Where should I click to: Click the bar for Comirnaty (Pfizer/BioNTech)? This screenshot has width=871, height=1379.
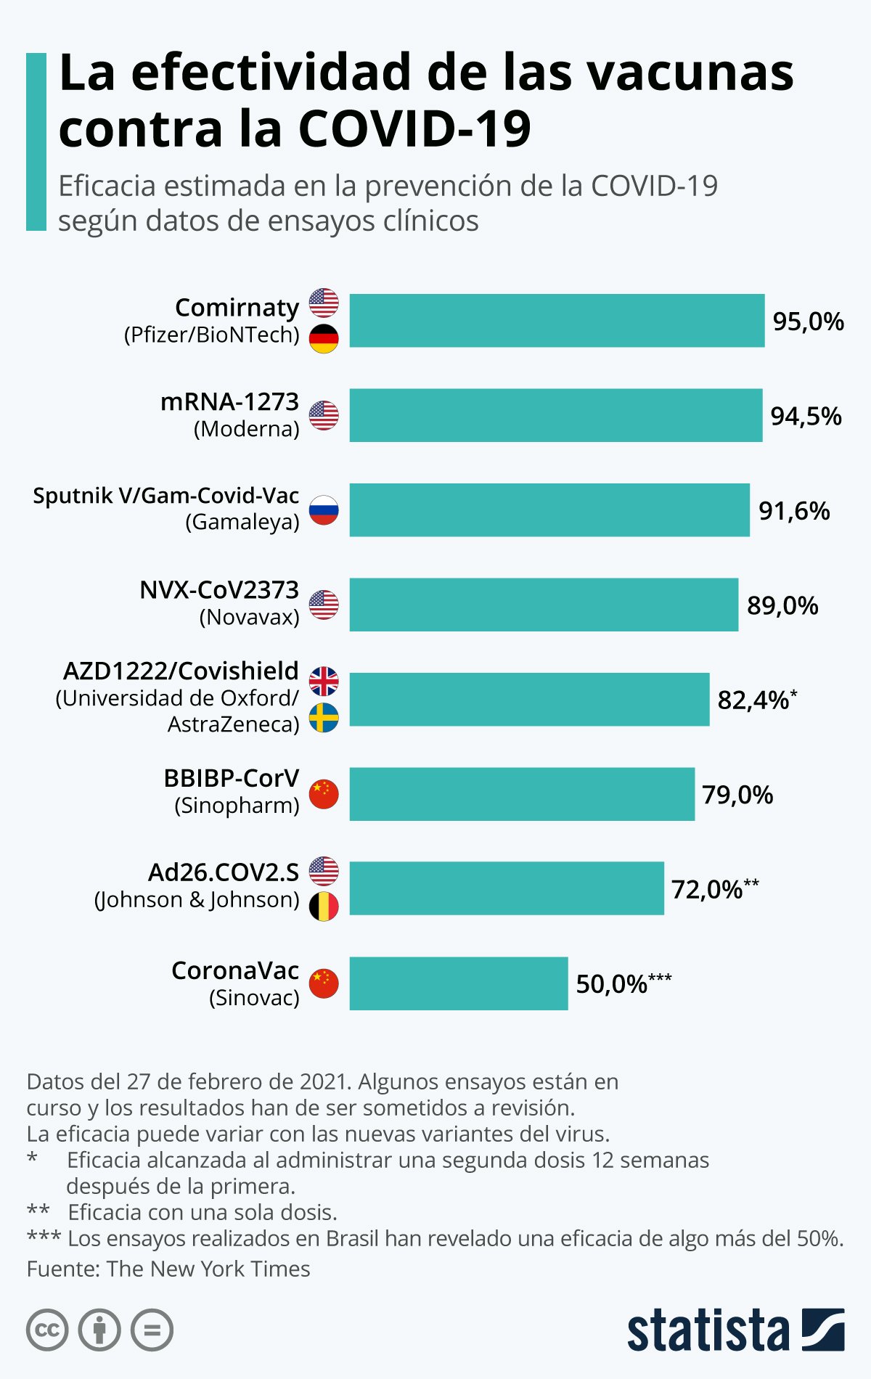click(557, 320)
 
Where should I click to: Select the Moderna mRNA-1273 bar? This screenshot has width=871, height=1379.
click(555, 415)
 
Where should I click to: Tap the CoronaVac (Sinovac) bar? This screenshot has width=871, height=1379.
click(458, 983)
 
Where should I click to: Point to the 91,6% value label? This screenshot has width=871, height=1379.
click(794, 511)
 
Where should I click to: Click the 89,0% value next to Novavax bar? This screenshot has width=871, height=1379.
click(782, 605)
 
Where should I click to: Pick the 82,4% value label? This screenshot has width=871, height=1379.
click(753, 700)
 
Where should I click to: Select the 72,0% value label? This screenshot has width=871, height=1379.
click(707, 889)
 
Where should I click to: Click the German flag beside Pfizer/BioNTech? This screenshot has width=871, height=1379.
click(324, 339)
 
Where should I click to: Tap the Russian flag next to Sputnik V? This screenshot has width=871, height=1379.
click(324, 510)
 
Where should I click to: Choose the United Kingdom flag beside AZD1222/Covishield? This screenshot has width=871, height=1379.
click(324, 681)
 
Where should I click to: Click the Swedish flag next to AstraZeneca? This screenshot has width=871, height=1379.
click(324, 718)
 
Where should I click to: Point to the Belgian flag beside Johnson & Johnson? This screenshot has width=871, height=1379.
click(324, 907)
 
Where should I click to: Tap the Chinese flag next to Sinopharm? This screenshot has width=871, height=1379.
click(324, 794)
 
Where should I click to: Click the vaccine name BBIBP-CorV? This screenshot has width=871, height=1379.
click(232, 778)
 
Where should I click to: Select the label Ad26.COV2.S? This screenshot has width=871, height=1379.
click(224, 872)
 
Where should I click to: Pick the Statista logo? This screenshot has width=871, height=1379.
click(735, 1330)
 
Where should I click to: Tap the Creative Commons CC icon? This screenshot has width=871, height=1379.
click(47, 1330)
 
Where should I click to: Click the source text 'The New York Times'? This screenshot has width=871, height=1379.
click(208, 1269)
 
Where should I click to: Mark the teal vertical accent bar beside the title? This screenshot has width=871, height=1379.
click(36, 142)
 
